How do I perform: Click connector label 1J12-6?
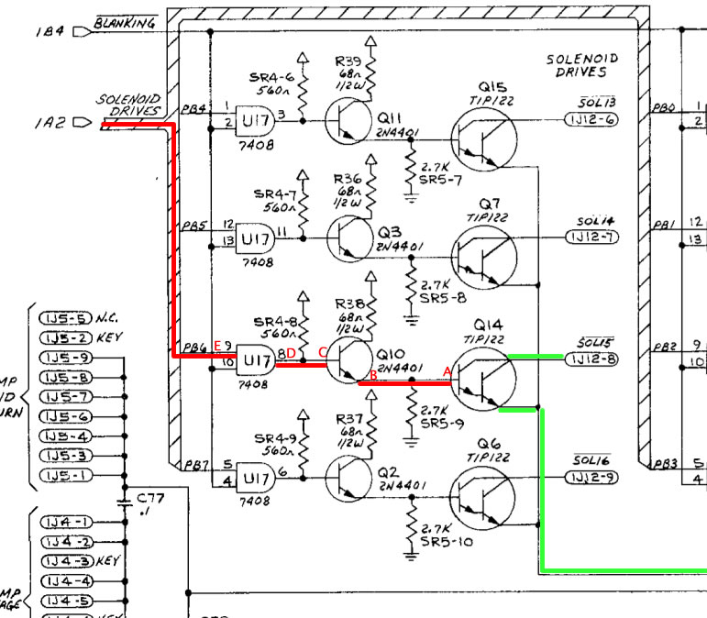(592, 120)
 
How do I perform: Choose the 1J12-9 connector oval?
(592, 478)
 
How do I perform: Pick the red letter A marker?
(447, 371)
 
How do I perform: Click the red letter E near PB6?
(216, 346)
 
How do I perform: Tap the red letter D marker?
(291, 353)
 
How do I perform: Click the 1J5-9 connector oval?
(65, 358)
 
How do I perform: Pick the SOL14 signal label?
(595, 221)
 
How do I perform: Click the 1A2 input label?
(50, 121)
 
